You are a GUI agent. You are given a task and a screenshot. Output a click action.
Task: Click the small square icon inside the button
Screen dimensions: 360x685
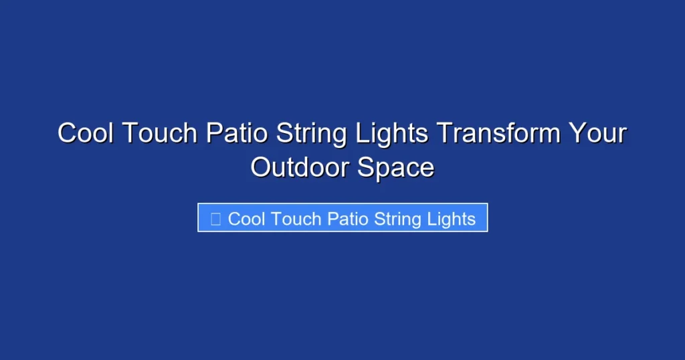click(x=215, y=219)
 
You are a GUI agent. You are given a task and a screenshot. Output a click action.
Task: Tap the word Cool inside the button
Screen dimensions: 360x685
click(x=247, y=219)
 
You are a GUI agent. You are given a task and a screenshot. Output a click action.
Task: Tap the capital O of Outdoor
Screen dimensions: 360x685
click(x=261, y=167)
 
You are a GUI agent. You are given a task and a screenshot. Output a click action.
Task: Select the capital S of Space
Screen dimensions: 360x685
click(x=366, y=167)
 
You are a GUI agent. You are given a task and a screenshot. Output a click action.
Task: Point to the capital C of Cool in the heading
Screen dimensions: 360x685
click(x=67, y=133)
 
